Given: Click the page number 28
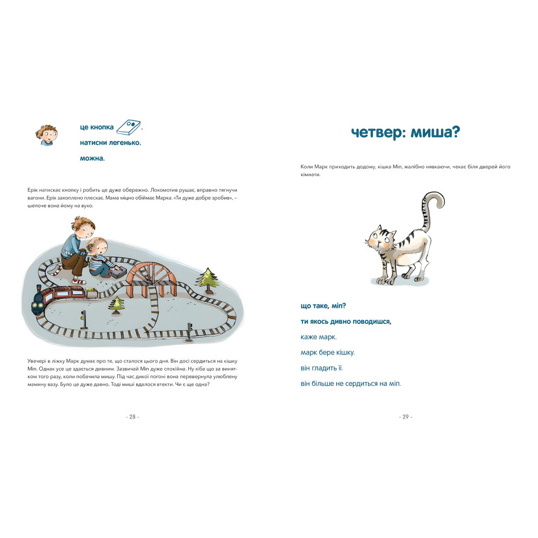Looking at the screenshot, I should tap(132, 416).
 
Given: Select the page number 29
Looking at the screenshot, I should tap(406, 416).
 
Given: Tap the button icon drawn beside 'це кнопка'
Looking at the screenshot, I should tap(130, 128).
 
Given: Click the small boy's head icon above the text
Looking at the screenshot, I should tap(46, 135).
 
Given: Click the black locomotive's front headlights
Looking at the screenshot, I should tap(38, 306).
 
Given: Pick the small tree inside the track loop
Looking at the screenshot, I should tap(117, 305).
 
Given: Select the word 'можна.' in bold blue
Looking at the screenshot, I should tap(92, 159).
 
